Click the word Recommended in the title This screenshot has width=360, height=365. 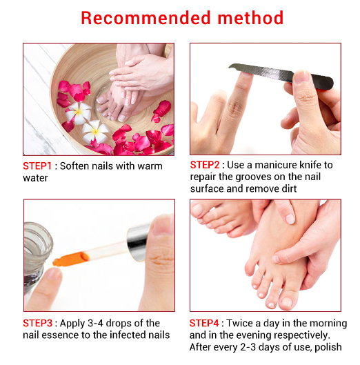click(x=146, y=18)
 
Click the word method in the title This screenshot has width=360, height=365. click(x=250, y=18)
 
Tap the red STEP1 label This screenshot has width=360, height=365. click(x=37, y=166)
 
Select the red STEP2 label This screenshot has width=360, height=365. click(x=205, y=165)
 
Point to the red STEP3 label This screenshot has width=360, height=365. click(x=37, y=323)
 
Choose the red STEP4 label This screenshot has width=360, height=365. click(x=204, y=323)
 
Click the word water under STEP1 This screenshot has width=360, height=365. click(x=35, y=178)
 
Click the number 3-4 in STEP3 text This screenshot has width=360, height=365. click(x=95, y=323)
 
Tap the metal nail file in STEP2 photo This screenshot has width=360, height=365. click(x=281, y=75)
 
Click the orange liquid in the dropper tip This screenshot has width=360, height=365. click(x=71, y=259)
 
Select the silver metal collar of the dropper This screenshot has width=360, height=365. click(x=138, y=243)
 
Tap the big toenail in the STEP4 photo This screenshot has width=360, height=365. click(x=287, y=302)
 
